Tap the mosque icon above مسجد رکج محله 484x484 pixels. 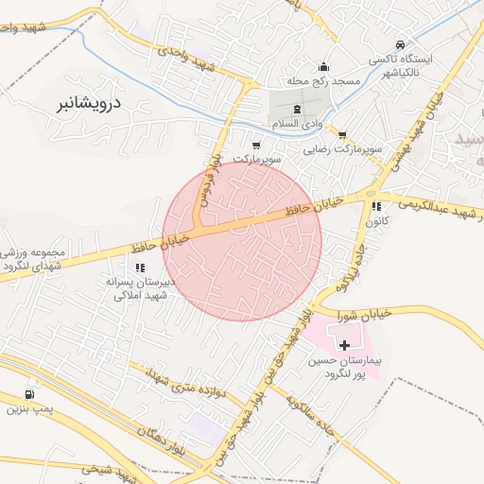click(x=324, y=66)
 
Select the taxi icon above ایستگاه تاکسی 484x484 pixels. click(x=400, y=44)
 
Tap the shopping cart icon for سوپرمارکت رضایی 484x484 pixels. click(x=341, y=134)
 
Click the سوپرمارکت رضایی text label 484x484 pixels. click(x=341, y=149)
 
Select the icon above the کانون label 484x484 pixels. click(x=376, y=206)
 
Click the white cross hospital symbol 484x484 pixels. click(x=343, y=346)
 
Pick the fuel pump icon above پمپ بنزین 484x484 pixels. click(x=31, y=394)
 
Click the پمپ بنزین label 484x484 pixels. click(x=26, y=409)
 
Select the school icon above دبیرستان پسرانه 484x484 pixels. click(x=140, y=268)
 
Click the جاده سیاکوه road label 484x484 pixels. click(x=302, y=412)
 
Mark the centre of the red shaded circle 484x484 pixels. click(x=242, y=241)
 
